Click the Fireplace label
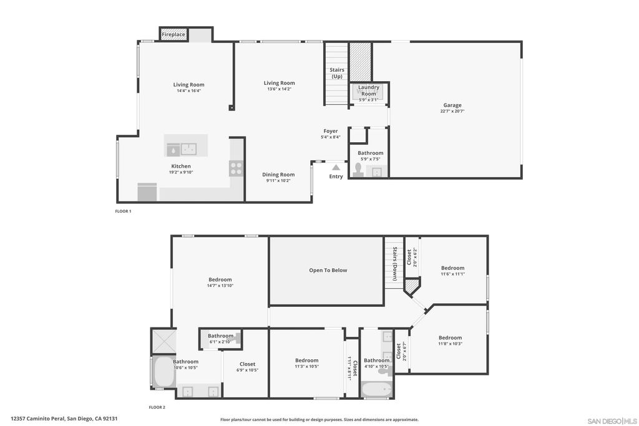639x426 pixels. tap(173, 35)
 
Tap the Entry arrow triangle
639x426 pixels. tap(336, 167)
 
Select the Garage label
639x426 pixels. tap(452, 105)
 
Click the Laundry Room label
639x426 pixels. tap(369, 91)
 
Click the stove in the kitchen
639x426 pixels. tap(237, 167)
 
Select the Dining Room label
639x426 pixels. tap(278, 175)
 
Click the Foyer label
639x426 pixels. tap(331, 131)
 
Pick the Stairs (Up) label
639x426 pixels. tap(337, 73)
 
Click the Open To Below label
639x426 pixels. tap(328, 270)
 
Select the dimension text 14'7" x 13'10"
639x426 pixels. tap(220, 286)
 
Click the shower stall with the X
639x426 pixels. tap(163, 341)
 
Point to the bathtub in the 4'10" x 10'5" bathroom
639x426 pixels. tap(376, 389)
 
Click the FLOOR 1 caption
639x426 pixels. tap(123, 211)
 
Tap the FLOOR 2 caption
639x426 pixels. tap(157, 407)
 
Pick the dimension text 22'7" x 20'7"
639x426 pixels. tap(452, 111)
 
